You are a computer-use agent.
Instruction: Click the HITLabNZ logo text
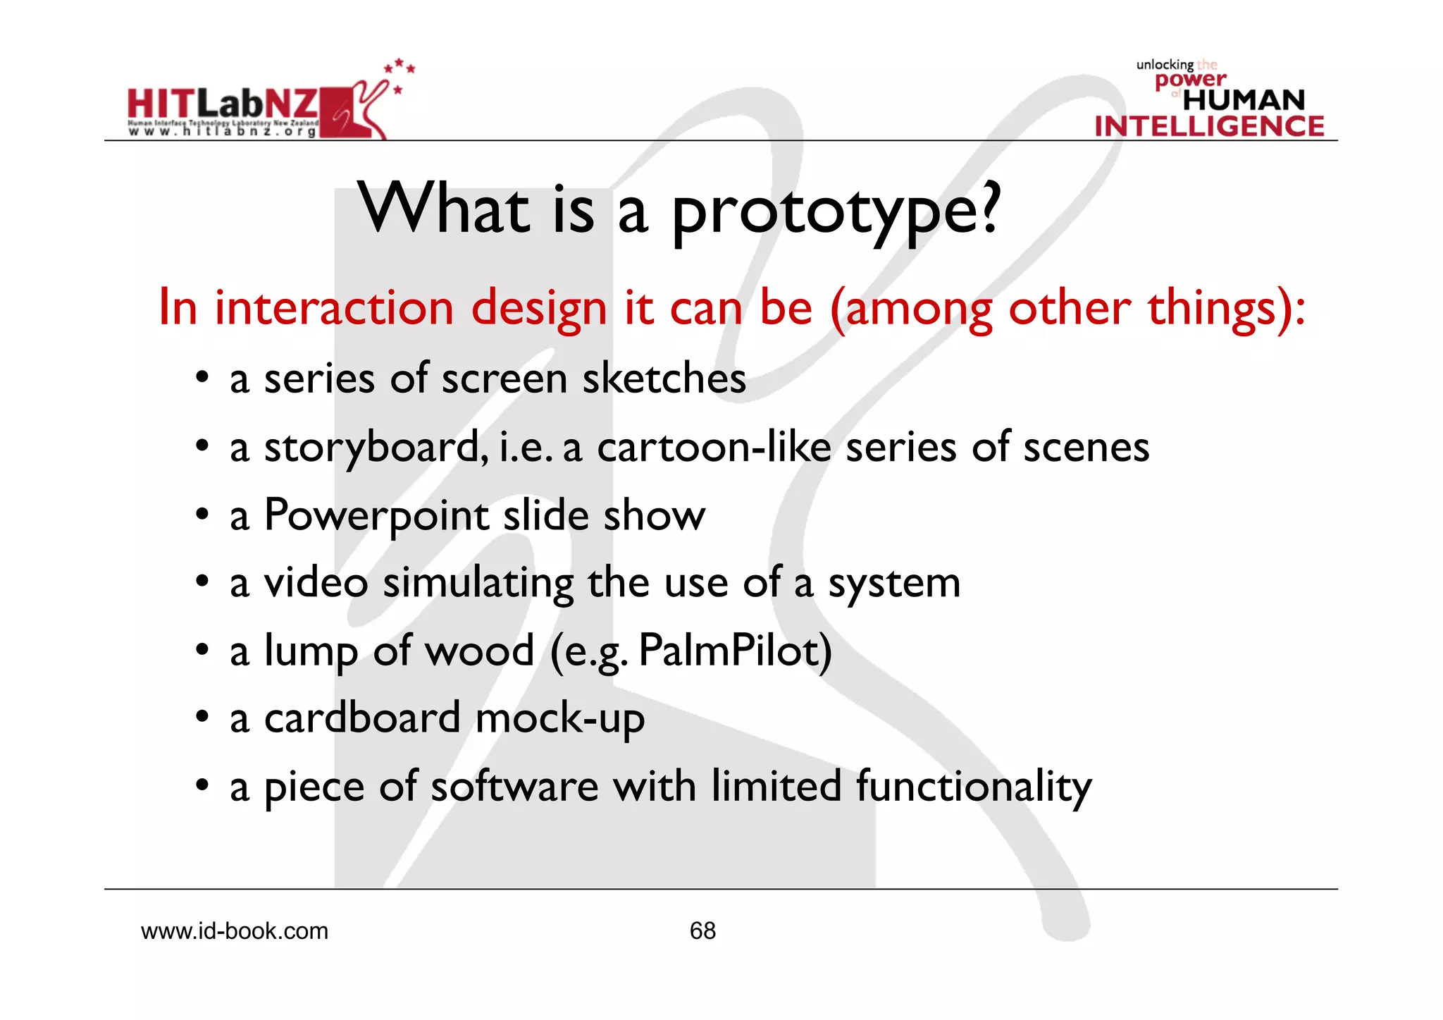222,104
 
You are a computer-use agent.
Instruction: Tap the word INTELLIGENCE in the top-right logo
1209,126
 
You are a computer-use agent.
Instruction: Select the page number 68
702,930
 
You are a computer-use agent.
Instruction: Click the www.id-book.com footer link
235,931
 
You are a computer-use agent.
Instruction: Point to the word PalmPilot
735,650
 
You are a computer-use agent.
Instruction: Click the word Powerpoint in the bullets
377,515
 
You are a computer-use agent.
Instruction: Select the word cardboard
362,718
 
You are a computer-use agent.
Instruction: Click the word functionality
973,786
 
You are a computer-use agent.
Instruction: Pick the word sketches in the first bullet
664,379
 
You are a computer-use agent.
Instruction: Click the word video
316,583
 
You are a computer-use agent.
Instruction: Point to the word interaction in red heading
334,308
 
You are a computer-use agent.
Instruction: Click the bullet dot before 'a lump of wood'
202,650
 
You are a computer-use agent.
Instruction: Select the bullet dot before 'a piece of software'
202,785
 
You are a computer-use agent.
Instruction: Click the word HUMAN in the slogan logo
1244,100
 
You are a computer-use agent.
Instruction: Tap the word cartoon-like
714,447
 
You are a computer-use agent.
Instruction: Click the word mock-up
560,718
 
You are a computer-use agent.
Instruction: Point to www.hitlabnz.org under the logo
222,131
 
